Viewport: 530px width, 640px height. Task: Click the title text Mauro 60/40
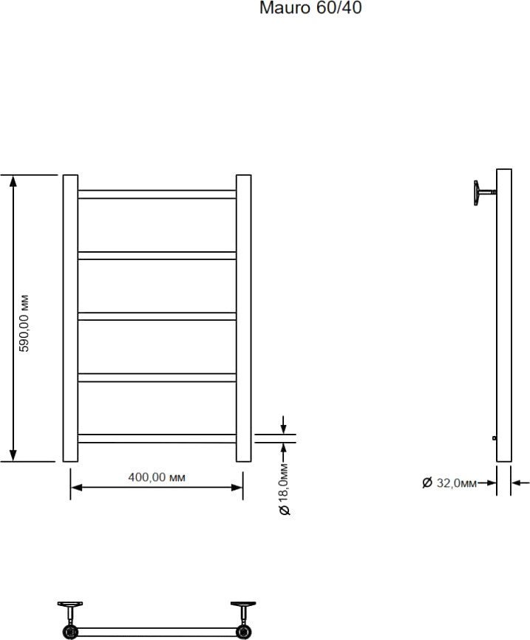310,7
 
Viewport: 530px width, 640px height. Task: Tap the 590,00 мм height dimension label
25,323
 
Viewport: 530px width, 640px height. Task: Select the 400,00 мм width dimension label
157,477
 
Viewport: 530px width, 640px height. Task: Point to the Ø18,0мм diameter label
285,489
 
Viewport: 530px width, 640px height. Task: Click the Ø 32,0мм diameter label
449,483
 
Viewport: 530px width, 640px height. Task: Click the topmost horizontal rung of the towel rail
157,194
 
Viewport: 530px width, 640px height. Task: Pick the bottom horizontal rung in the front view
157,439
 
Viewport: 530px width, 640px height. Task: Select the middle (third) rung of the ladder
157,316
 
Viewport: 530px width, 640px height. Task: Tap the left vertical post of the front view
70,319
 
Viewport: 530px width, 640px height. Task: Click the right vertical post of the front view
244,319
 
